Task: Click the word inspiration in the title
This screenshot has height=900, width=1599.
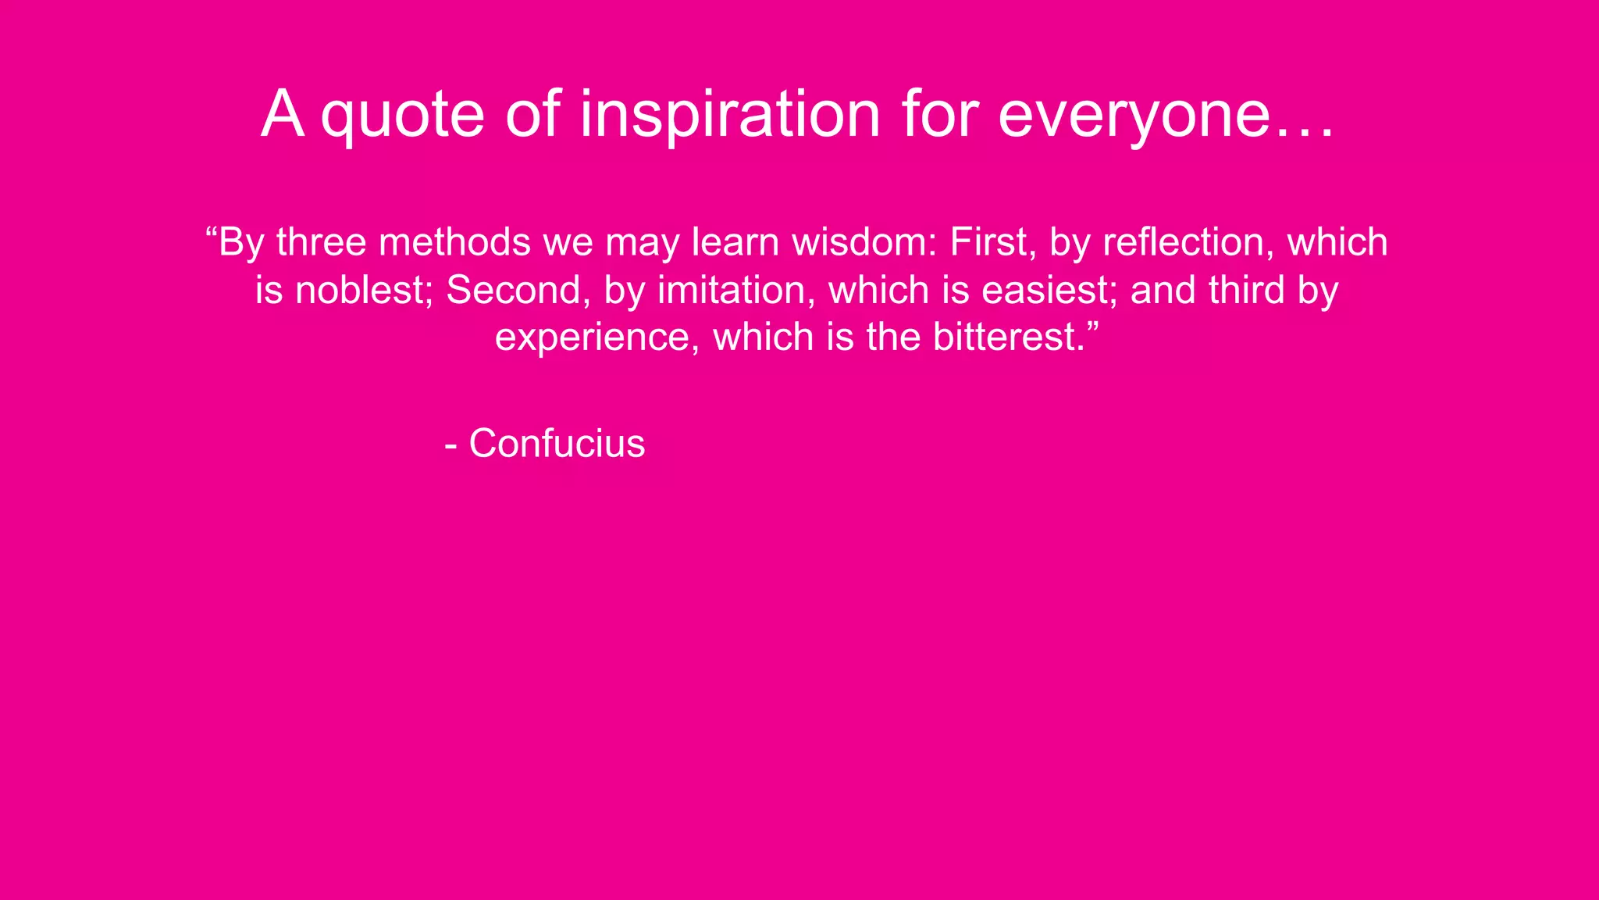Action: coord(729,115)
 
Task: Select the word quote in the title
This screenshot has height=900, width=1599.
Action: coord(403,115)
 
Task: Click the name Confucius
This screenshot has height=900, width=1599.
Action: coord(557,444)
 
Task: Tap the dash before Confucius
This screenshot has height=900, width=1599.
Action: coord(450,445)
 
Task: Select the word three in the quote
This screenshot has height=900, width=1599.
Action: coord(321,242)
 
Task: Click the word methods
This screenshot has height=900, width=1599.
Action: coord(454,242)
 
